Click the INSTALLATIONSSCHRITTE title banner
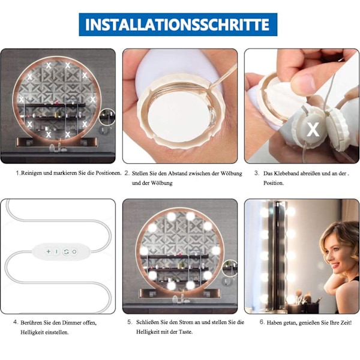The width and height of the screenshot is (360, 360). tap(178, 25)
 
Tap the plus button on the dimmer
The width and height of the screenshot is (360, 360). tap(49, 251)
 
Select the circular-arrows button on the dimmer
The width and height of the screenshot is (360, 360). tap(66, 252)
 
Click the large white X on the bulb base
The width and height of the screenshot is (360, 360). tap(313, 129)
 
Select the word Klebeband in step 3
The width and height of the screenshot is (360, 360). tap(284, 173)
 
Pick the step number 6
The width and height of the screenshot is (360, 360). tap(262, 322)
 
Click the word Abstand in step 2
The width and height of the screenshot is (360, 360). tap(177, 173)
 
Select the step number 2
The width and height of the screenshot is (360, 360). tap(127, 173)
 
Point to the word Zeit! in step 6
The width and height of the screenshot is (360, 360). tap(346, 323)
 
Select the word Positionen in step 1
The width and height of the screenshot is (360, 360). tap(108, 173)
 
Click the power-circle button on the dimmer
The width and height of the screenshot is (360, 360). tap(74, 252)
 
